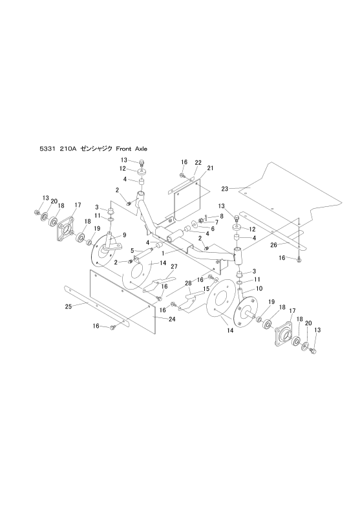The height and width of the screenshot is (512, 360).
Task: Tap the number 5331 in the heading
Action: (x=47, y=149)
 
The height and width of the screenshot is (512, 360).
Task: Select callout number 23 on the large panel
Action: (x=225, y=188)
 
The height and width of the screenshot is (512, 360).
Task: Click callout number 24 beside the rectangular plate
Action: (x=172, y=319)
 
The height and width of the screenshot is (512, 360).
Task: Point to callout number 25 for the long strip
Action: (x=69, y=306)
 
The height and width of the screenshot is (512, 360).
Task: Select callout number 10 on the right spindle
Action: (x=259, y=289)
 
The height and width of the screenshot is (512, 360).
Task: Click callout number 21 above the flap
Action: (x=210, y=168)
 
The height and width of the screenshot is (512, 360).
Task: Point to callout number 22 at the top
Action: (x=198, y=162)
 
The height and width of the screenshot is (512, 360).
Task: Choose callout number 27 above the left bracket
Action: (x=174, y=267)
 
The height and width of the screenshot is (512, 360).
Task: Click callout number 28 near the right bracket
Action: (x=188, y=283)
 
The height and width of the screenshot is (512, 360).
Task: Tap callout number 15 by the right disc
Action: (x=206, y=289)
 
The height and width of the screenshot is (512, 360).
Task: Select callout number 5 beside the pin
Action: (x=132, y=251)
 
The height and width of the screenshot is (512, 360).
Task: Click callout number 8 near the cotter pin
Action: (x=222, y=216)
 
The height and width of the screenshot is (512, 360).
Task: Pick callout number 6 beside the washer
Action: (x=213, y=229)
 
